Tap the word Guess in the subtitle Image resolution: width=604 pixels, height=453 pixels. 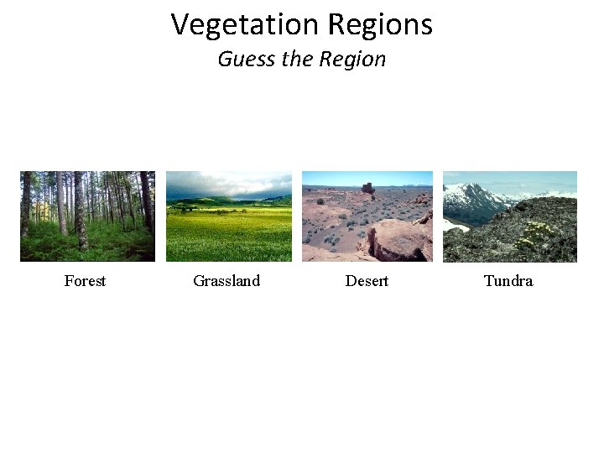pyautogui.click(x=243, y=60)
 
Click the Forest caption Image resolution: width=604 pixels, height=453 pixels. pyautogui.click(x=85, y=281)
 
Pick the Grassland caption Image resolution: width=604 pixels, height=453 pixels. pyautogui.click(x=226, y=281)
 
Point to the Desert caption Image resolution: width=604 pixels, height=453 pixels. pyautogui.click(x=367, y=281)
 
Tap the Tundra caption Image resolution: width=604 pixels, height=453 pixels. pyautogui.click(x=508, y=281)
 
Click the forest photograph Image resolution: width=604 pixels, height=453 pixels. pyautogui.click(x=87, y=216)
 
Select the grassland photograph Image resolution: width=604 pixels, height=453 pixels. pyautogui.click(x=228, y=216)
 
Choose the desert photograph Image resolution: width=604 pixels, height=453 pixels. pyautogui.click(x=367, y=216)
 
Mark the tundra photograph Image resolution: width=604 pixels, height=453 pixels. pyautogui.click(x=510, y=216)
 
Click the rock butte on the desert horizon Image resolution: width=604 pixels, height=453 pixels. pyautogui.click(x=368, y=187)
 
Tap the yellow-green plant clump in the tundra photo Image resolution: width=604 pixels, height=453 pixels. pyautogui.click(x=538, y=232)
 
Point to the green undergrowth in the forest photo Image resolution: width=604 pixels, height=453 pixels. pyautogui.click(x=59, y=247)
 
